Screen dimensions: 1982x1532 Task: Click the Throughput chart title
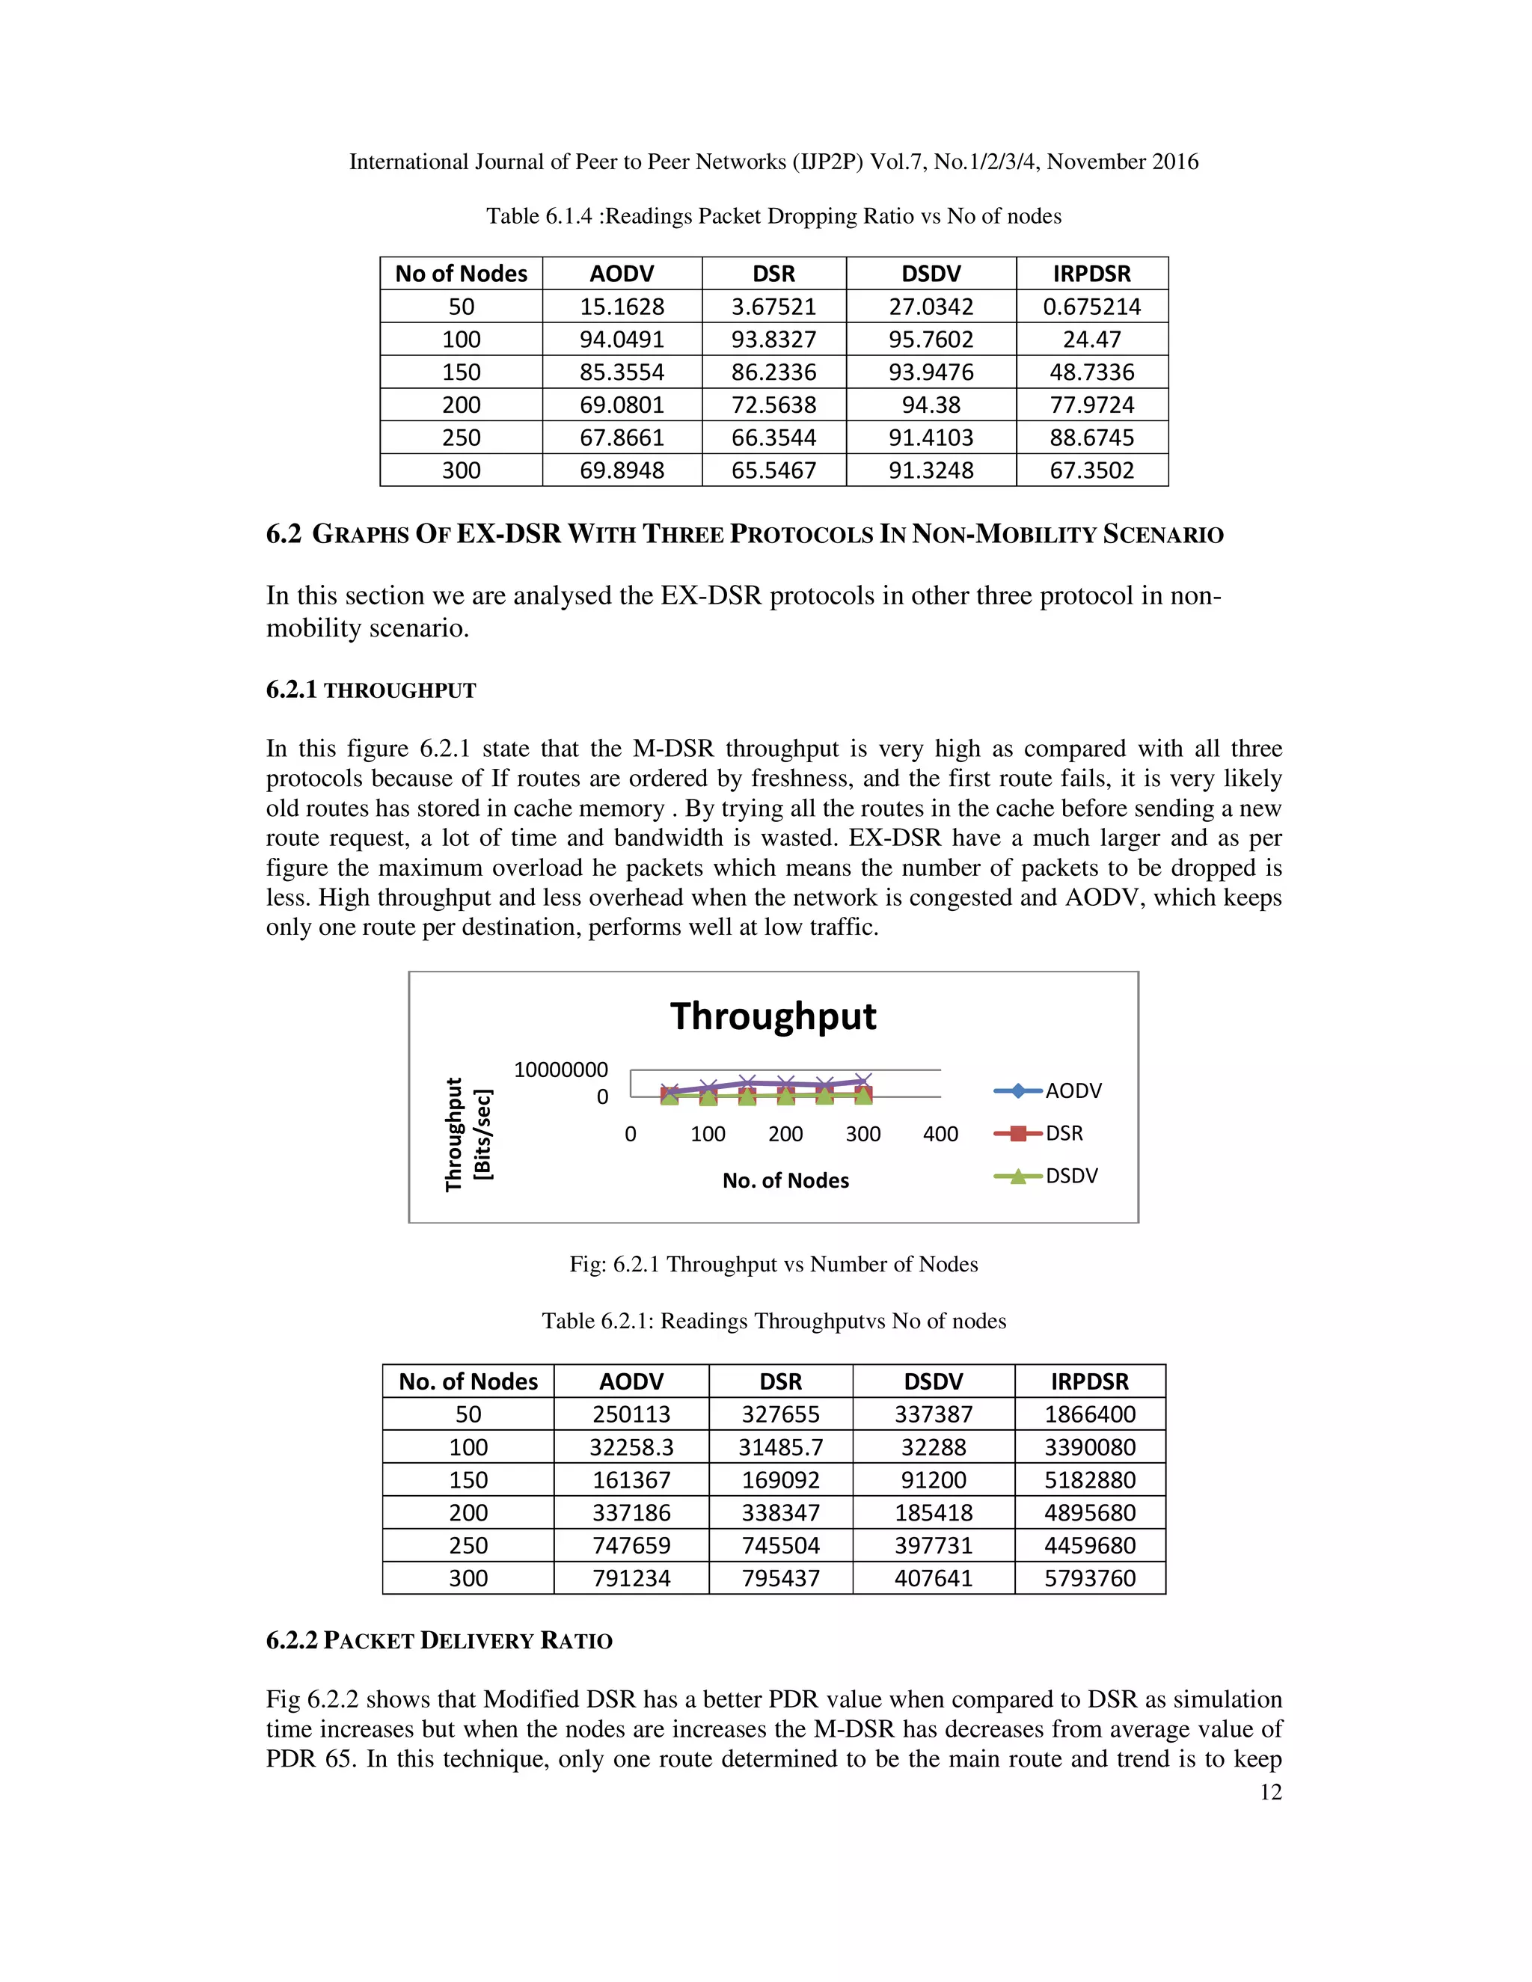tap(773, 1016)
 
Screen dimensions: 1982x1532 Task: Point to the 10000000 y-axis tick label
tap(561, 1070)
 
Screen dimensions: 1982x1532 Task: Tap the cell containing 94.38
tap(931, 405)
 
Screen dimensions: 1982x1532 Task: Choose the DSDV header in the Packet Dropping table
tap(931, 274)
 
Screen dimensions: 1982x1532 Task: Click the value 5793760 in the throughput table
tap(1089, 1578)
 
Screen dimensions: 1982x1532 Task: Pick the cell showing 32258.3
tap(631, 1447)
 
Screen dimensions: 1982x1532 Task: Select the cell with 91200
tap(933, 1480)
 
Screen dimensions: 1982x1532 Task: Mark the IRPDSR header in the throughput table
tap(1089, 1381)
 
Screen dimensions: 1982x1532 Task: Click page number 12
tap(1271, 1792)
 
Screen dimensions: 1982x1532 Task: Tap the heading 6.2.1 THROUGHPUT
tap(370, 690)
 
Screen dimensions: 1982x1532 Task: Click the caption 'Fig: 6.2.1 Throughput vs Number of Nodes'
tap(773, 1264)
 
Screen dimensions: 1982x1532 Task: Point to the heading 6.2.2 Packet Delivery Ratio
tap(439, 1641)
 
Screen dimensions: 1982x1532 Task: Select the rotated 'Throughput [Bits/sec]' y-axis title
tap(468, 1135)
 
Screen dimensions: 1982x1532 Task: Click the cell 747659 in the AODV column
tap(631, 1545)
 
